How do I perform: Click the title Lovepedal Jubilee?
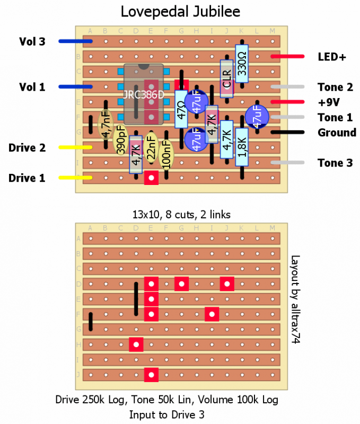(180, 11)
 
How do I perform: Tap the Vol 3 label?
(32, 41)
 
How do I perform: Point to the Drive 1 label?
(26, 179)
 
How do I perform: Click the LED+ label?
(332, 56)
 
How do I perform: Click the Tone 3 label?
(335, 163)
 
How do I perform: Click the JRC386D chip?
(144, 94)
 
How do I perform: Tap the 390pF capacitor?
(121, 140)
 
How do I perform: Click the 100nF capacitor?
(166, 154)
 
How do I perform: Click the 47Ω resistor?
(181, 109)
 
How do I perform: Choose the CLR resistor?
(227, 79)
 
